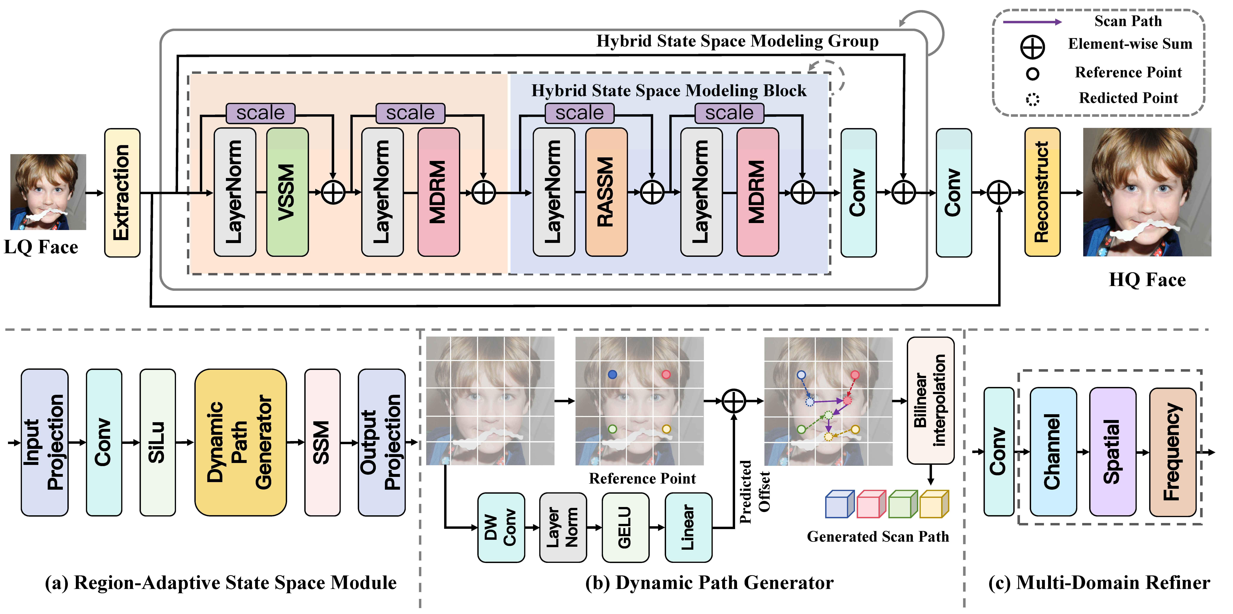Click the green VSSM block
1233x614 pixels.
tap(287, 192)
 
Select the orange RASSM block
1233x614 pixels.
tap(607, 192)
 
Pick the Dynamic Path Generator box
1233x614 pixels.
tap(241, 442)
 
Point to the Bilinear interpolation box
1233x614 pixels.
tap(930, 400)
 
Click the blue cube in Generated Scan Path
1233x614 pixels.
tap(840, 504)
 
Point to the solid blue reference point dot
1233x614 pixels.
tap(612, 375)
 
